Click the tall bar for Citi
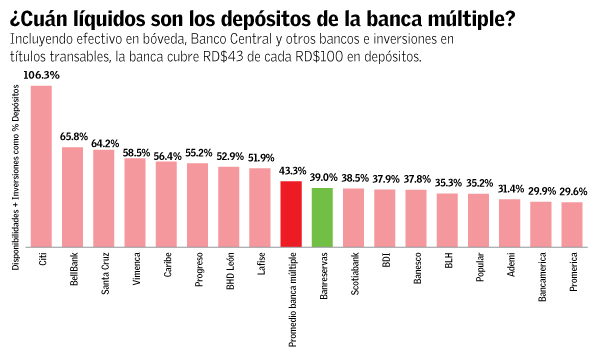41,165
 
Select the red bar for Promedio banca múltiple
291,213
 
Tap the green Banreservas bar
322,216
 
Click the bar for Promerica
572,224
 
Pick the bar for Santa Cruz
104,197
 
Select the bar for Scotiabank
353,217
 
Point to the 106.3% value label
41,75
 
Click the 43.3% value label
291,171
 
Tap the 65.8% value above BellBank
73,137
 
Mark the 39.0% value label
322,177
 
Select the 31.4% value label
510,189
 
